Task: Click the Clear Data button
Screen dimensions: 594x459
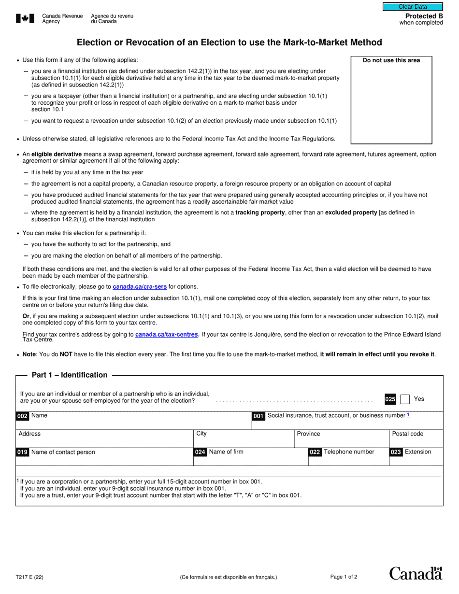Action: pos(413,7)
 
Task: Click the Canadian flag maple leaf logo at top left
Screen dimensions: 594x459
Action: pos(25,19)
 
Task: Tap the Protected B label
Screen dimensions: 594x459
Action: pos(424,16)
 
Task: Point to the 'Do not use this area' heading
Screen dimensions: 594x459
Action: pos(391,60)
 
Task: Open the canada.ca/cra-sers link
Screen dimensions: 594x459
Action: pos(140,286)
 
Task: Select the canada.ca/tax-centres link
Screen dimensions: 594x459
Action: pos(167,334)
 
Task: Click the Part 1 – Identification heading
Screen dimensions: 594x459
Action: pos(70,375)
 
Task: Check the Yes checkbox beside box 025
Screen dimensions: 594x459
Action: pos(405,399)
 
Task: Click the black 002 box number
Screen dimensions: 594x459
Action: pos(23,416)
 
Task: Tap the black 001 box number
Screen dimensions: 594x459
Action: pos(258,416)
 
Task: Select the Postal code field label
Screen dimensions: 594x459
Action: pos(407,434)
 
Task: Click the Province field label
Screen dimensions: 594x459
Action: pos(308,434)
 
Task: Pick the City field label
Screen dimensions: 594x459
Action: pos(201,434)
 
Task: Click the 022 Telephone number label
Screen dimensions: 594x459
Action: pos(342,452)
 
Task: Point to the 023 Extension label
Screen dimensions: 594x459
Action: pos(411,452)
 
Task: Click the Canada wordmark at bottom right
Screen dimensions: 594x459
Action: pos(416,573)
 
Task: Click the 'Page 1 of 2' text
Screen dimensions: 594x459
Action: pos(344,577)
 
